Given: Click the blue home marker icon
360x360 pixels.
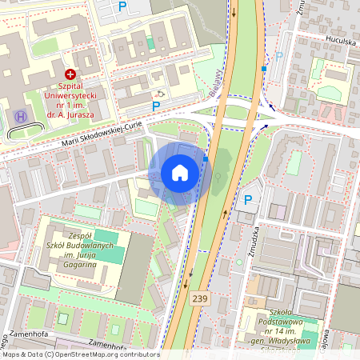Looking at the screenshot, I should [180, 172].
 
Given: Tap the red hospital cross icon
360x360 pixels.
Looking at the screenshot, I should [70, 74].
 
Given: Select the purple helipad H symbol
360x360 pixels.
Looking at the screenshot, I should [20, 117].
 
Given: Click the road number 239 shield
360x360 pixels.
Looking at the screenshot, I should [200, 298].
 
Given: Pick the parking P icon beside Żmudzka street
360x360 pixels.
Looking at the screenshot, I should [248, 200].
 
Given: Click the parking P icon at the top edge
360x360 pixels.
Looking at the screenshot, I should [122, 6].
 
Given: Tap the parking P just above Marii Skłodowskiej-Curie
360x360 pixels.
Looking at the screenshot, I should [156, 106].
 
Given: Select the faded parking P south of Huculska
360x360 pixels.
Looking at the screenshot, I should [279, 56].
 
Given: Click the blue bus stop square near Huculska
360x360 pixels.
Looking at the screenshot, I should [263, 69].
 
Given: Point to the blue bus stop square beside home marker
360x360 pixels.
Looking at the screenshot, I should [206, 159].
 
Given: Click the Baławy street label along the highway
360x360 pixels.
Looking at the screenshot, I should [216, 82].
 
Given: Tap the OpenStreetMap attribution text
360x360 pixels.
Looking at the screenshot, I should [80, 354].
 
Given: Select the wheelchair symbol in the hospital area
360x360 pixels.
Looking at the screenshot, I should [160, 93].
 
